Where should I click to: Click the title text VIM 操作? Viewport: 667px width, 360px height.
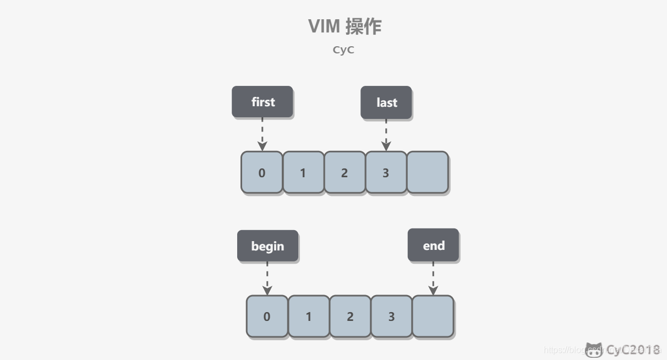pos(345,26)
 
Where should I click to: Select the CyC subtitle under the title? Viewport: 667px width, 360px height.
pos(343,50)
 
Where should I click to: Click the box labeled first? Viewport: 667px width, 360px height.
pos(263,102)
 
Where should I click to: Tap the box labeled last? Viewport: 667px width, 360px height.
pos(386,102)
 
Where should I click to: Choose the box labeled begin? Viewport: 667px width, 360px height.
pos(267,246)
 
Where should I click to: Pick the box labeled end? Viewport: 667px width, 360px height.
pos(433,245)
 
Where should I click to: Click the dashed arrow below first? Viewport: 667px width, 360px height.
pos(263,134)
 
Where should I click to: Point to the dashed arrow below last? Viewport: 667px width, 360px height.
pos(386,135)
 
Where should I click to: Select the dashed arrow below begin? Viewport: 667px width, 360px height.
pos(267,278)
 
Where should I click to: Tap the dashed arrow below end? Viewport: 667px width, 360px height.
pos(433,278)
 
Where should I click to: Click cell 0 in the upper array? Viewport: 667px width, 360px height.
pos(262,172)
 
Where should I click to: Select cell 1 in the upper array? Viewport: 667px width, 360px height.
pos(303,172)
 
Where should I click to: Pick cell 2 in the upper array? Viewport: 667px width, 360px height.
pos(345,172)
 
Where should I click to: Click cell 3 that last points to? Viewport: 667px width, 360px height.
pos(386,172)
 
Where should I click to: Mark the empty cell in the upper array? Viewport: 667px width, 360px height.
pos(428,172)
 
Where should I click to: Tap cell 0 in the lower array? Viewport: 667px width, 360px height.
pos(267,317)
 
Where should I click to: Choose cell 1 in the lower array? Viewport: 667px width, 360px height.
pos(309,317)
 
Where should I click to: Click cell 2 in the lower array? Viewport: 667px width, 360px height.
pos(350,317)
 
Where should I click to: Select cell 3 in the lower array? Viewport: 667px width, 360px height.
pos(391,317)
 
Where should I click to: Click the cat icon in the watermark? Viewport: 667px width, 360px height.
pos(594,350)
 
